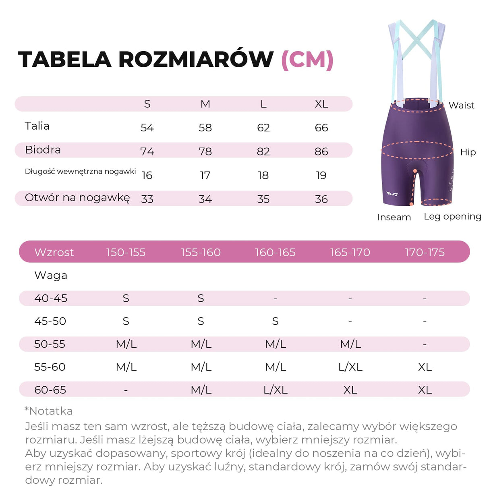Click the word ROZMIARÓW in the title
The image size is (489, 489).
click(196, 60)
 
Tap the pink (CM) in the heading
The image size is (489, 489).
click(307, 60)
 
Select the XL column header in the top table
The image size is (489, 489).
click(321, 104)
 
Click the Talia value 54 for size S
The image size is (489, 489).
click(147, 128)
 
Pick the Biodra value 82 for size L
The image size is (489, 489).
click(263, 151)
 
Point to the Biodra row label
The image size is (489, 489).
click(43, 150)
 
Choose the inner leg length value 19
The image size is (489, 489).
click(321, 175)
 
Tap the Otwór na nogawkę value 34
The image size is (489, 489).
click(205, 199)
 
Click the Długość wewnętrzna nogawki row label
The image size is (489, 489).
click(80, 172)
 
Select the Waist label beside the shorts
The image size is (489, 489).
click(461, 106)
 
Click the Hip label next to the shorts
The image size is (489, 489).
click(468, 152)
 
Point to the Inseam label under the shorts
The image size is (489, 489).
click(394, 218)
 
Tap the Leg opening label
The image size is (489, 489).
click(452, 217)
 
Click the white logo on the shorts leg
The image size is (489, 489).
click(392, 194)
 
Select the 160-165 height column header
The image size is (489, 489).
click(275, 253)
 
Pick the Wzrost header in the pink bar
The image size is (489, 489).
click(54, 253)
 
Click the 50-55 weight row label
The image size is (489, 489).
click(50, 344)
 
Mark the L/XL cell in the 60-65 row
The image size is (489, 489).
click(275, 390)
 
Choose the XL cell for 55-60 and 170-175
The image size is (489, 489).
click(425, 367)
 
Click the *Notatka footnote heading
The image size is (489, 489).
click(49, 411)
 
